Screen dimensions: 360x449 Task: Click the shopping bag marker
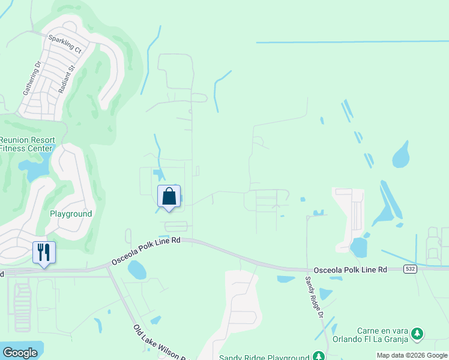click(x=169, y=196)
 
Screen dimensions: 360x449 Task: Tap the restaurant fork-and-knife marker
click(x=44, y=252)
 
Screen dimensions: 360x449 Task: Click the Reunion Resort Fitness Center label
click(x=27, y=144)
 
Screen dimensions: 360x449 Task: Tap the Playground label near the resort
click(x=71, y=214)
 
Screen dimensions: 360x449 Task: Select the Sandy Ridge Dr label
click(x=314, y=298)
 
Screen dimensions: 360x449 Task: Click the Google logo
click(x=20, y=353)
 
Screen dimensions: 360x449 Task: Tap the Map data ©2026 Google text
click(x=412, y=355)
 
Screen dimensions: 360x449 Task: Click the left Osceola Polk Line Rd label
click(x=146, y=250)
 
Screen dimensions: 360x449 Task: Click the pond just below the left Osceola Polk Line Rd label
click(x=136, y=270)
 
